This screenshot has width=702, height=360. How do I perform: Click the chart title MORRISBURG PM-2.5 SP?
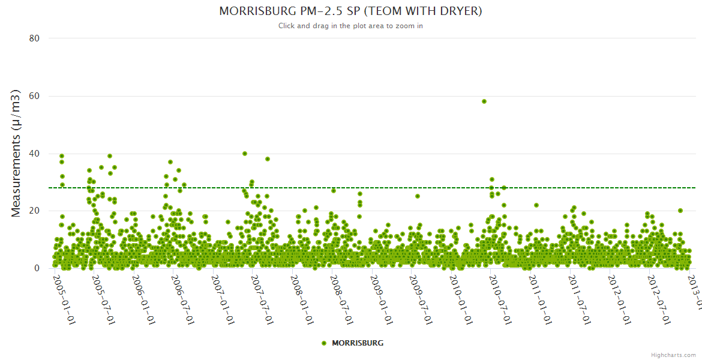pos(350,11)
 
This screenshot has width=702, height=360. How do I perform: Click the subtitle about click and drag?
pos(350,26)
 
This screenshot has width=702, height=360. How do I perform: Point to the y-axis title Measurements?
pos(17,154)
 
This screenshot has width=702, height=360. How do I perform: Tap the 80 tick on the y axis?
pos(34,38)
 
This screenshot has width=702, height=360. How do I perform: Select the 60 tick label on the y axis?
pos(34,96)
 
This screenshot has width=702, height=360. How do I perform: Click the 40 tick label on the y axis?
pos(34,154)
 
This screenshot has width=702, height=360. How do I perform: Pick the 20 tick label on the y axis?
pos(34,211)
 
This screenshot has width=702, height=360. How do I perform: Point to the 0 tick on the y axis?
pos(37,269)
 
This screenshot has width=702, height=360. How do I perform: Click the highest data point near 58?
pos(484,101)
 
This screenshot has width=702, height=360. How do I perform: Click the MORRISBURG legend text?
pos(358,343)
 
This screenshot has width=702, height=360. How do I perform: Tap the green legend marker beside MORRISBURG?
pos(324,343)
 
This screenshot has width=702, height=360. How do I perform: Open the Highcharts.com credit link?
pos(673,355)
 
